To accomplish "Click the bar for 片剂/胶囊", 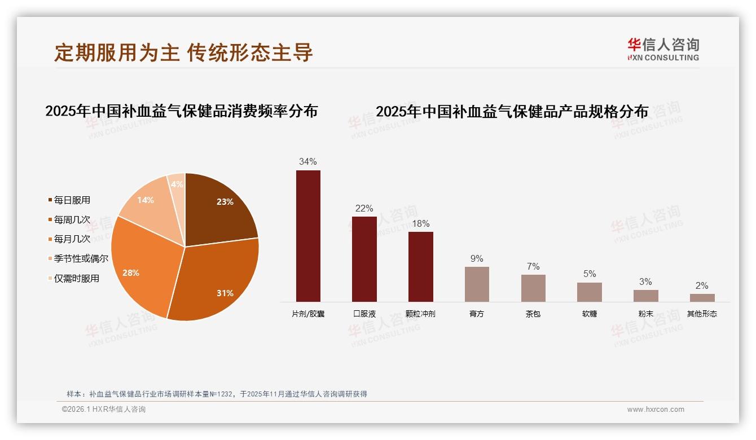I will pos(308,236).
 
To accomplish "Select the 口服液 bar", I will pos(364,259).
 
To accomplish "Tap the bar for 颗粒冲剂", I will pos(420,266).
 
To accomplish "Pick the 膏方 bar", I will pos(477,284).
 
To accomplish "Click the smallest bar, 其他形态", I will pos(702,297).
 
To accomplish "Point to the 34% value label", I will pos(308,162).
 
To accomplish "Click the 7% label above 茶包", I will pos(533,266).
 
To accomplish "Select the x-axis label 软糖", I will pos(590,314).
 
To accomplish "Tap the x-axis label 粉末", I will pos(645,314).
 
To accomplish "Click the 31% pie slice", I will pos(217,282).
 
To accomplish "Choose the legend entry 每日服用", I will pos(72,200).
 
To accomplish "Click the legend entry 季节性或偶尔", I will pos(81,258).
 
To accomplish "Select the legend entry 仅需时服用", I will pos(76,278).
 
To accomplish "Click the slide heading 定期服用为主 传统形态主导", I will pos(183,52).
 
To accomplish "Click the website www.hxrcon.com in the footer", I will pos(656,410).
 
